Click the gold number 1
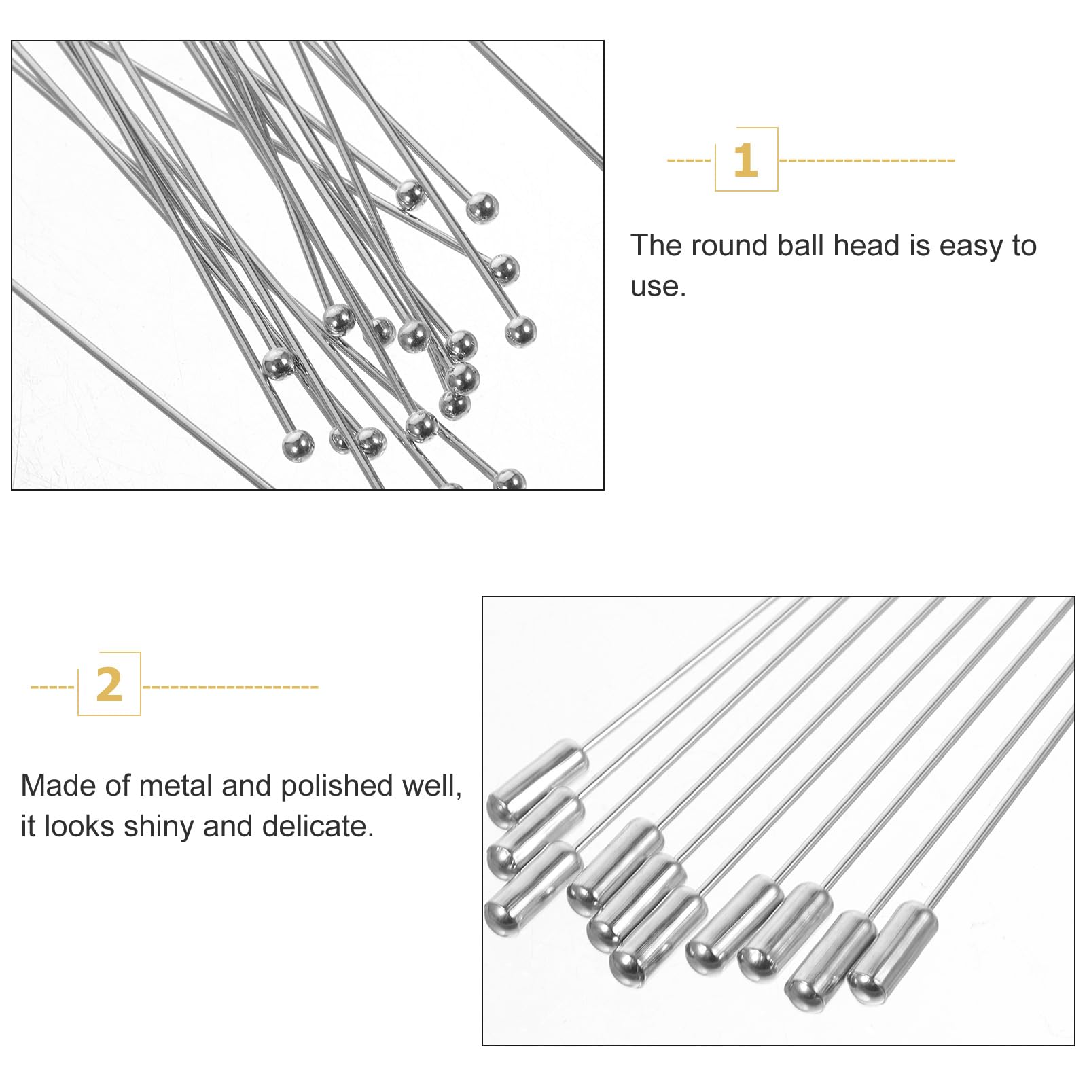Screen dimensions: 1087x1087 click(x=745, y=160)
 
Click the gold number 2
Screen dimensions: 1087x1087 click(x=109, y=685)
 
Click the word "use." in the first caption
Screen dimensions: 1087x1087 click(x=658, y=287)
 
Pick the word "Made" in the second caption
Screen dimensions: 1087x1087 click(x=58, y=786)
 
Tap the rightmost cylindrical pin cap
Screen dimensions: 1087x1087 click(x=893, y=952)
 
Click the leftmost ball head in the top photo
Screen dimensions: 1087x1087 click(x=279, y=363)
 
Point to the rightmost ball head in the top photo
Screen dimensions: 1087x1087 click(x=520, y=332)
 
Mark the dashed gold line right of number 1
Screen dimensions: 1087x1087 click(x=867, y=161)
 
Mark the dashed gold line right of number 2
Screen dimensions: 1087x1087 click(x=230, y=687)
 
